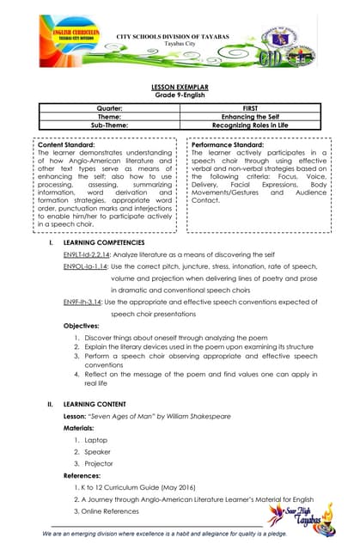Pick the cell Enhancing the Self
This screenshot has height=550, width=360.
coord(250,117)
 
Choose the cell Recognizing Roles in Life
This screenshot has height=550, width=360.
coord(250,125)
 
